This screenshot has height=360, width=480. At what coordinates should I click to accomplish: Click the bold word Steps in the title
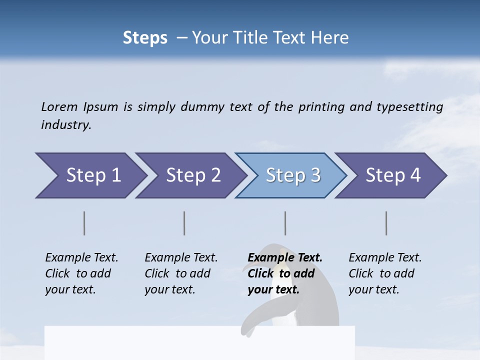click(x=145, y=38)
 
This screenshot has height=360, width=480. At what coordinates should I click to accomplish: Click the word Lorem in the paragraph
click(x=59, y=106)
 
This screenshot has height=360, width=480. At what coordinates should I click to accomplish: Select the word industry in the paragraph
click(x=66, y=124)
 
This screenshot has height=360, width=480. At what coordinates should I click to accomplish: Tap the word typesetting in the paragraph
click(x=409, y=106)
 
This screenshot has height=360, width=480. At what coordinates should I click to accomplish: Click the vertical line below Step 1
click(x=84, y=223)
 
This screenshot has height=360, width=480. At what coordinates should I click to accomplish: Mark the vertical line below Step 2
click(x=184, y=223)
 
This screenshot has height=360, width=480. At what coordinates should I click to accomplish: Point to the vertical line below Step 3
click(x=285, y=223)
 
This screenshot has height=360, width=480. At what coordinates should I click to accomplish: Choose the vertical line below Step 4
click(x=386, y=223)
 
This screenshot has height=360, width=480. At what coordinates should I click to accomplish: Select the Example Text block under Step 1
click(x=81, y=273)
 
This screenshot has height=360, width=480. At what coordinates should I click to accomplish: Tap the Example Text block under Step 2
click(x=181, y=273)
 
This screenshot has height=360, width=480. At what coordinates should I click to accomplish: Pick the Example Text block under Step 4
click(x=385, y=273)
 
